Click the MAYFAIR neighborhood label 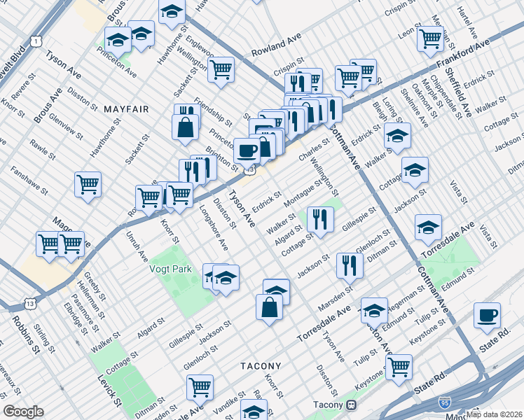click(126, 109)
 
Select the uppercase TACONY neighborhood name click(261, 366)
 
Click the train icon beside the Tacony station click(351, 405)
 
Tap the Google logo click(23, 412)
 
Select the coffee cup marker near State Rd click(487, 315)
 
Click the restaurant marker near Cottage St click(318, 218)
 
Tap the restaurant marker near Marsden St click(349, 265)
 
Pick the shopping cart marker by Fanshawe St click(88, 184)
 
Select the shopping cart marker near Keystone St click(399, 366)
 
